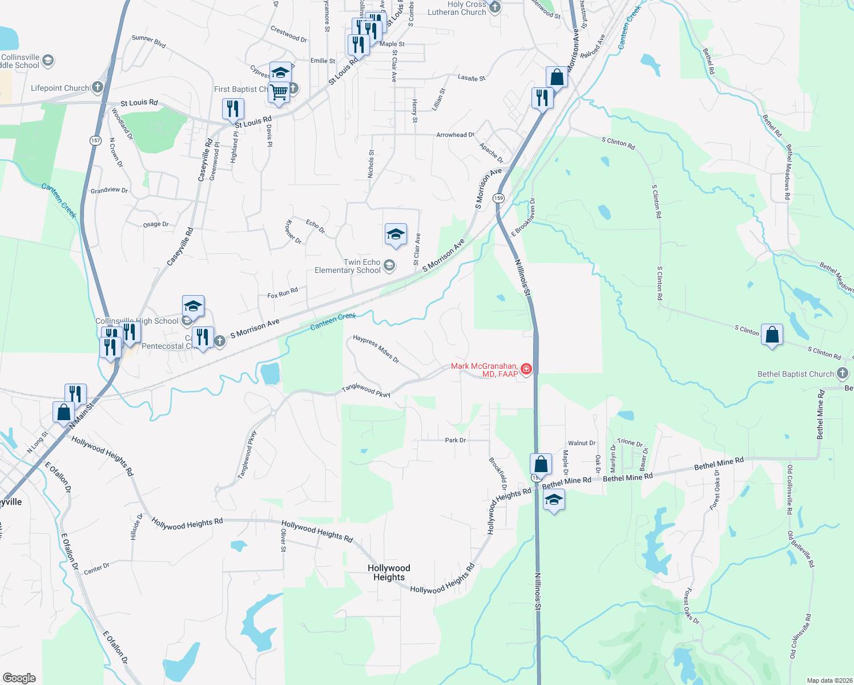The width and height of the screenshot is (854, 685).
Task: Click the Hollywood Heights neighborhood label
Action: pos(389,573)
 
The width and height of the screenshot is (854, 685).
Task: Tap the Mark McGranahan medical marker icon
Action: pos(526,369)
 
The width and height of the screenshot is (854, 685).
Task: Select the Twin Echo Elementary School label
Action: pos(348,266)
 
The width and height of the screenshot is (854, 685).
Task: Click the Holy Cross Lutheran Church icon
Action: pos(495,7)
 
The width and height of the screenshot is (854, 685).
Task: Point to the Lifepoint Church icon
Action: pos(98,87)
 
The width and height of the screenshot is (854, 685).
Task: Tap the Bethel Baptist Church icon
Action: pos(842,374)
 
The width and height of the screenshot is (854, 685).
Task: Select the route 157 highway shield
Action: pos(95,140)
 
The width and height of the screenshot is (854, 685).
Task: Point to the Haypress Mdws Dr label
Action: pos(376,349)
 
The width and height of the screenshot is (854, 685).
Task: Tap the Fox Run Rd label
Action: pos(283,293)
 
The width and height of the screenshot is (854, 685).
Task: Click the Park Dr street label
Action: pos(455,440)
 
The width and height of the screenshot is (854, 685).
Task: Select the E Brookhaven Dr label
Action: pos(523,217)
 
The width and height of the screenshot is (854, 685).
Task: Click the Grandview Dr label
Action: pos(109,190)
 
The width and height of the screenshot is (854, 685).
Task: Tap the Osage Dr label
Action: pos(156,224)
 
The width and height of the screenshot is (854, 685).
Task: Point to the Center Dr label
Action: pos(96,569)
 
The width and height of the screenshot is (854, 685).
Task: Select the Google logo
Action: pos(19,678)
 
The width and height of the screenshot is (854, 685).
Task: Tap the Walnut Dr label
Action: pos(581,443)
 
